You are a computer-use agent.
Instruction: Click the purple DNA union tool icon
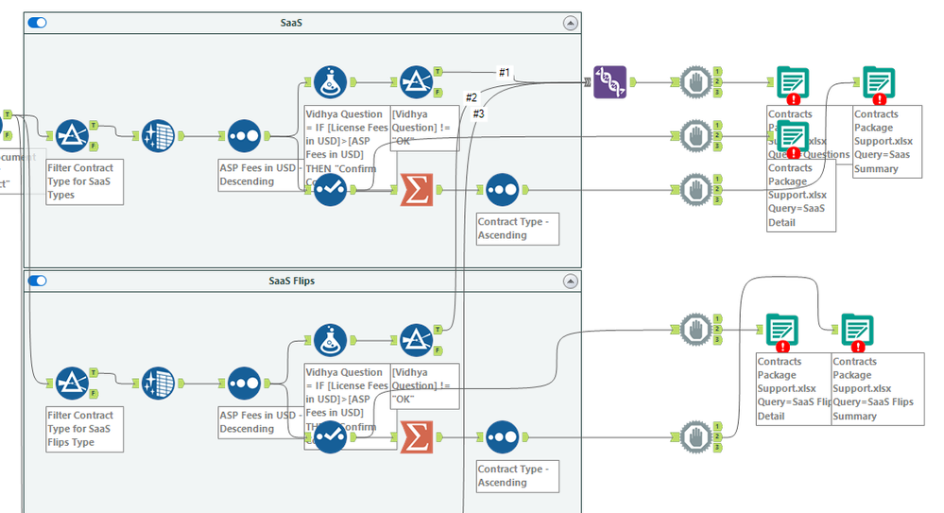click(x=609, y=82)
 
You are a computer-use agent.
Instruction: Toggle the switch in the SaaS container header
click(x=37, y=23)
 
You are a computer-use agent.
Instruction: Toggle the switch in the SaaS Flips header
click(x=37, y=281)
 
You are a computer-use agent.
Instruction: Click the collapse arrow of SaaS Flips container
click(x=569, y=282)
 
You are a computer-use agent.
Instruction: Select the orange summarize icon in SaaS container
click(x=415, y=189)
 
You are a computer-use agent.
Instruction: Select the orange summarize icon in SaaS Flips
click(x=415, y=436)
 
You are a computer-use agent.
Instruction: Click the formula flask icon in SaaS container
click(x=330, y=82)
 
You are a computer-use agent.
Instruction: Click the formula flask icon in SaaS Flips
click(x=330, y=340)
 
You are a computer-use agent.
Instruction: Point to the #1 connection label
click(x=505, y=72)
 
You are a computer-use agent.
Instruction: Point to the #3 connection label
click(x=479, y=113)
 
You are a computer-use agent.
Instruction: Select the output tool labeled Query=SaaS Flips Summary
click(x=857, y=330)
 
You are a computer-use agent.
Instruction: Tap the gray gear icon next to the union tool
click(x=695, y=82)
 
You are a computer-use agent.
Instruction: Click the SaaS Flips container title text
click(x=291, y=282)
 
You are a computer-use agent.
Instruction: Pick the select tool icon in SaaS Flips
click(x=330, y=436)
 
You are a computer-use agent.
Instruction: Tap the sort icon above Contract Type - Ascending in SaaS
click(x=502, y=189)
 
